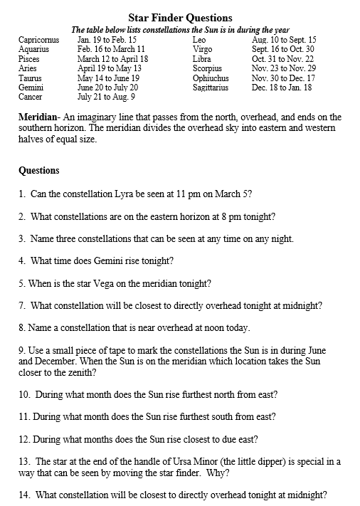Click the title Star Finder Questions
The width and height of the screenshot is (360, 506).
click(180, 17)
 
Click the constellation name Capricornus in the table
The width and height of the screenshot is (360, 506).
click(38, 41)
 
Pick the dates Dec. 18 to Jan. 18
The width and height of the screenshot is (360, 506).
click(282, 87)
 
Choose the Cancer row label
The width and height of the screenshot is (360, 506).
click(30, 96)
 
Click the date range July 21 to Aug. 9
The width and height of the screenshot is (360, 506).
click(106, 96)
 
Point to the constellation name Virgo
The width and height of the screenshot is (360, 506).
click(202, 50)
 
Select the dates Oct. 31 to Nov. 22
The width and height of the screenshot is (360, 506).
click(283, 59)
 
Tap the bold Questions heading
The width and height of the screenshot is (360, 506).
click(40, 171)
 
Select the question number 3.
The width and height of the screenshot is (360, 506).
click(22, 238)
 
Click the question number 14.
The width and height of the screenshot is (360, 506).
click(23, 495)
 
